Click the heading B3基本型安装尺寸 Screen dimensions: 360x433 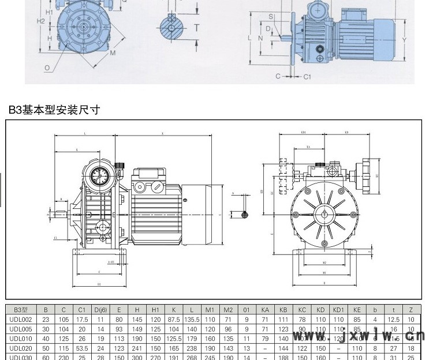[54, 110]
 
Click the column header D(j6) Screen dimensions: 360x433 [100, 309]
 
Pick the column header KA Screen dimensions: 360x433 [265, 309]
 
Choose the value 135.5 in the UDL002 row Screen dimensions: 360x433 [191, 319]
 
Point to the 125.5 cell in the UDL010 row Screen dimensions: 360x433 [173, 339]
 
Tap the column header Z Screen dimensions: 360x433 [411, 309]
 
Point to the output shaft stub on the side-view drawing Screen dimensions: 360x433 [59, 215]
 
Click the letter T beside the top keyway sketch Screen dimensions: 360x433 [197, 27]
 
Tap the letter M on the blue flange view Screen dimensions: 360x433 [113, 52]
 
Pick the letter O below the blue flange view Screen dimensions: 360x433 [47, 67]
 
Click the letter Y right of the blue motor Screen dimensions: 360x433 [405, 40]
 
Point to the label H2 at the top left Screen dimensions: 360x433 [40, 21]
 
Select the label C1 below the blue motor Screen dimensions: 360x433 [307, 76]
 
